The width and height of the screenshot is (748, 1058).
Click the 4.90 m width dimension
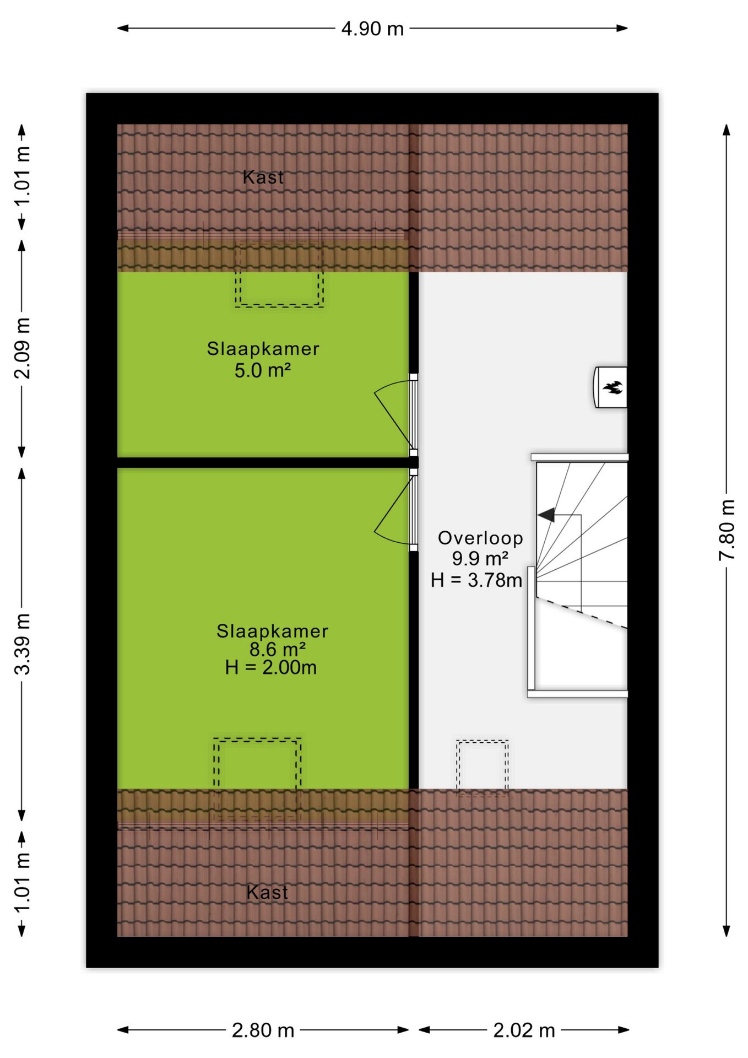point(372,29)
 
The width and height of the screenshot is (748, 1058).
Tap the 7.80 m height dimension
point(727,530)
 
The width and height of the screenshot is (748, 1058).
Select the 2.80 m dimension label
point(263,1030)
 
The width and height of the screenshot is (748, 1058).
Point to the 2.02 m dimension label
point(524,1030)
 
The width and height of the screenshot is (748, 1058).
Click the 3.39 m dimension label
point(22,644)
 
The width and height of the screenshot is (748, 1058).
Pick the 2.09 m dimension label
point(22,348)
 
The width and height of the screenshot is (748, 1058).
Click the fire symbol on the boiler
point(613,387)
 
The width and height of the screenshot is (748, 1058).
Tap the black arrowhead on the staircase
point(546,515)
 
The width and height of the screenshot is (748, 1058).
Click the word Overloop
point(480,538)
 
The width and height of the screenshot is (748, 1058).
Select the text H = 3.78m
point(476,580)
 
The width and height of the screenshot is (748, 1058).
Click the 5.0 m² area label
point(263,370)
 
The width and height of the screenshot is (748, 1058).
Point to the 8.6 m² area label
point(278,649)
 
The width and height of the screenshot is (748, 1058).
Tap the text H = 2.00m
point(271,667)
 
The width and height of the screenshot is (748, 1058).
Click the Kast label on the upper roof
point(263,177)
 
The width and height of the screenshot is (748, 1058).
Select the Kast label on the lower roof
point(267,892)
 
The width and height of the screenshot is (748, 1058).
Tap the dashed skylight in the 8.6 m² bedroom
point(257,739)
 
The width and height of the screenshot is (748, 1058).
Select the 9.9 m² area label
point(480,559)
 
